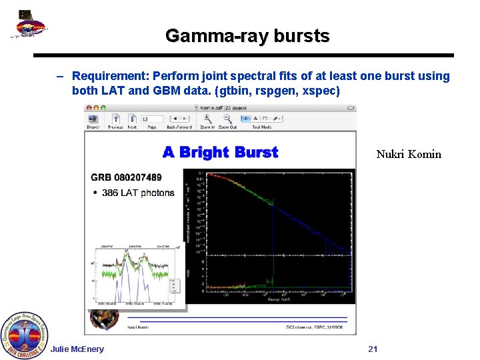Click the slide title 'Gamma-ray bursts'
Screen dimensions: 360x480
pos(247,35)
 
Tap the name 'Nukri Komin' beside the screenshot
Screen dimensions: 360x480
pos(408,154)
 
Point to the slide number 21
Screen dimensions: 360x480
pos(373,349)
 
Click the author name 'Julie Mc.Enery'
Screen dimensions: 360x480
pos(77,349)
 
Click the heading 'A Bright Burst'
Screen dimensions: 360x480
pos(220,152)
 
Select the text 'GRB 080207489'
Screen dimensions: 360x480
pos(126,177)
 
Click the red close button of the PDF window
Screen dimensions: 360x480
pos(88,107)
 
